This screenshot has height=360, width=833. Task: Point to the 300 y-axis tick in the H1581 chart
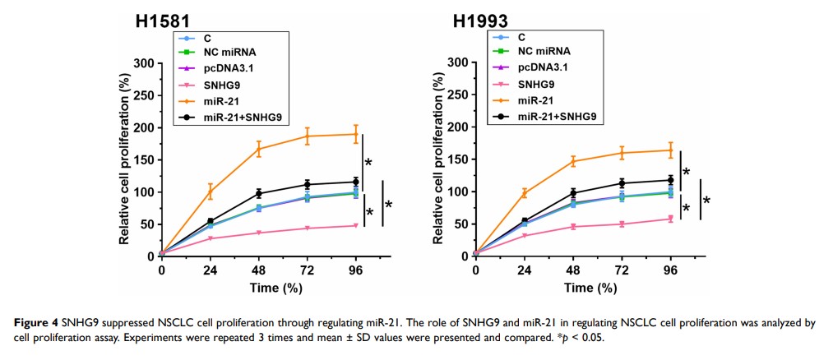click(x=144, y=63)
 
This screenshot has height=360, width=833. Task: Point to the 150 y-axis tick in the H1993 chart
click(x=458, y=159)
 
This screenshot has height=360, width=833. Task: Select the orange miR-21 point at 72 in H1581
click(x=308, y=136)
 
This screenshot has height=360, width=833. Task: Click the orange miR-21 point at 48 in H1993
click(x=573, y=161)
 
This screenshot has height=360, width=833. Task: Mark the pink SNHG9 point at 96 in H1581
click(x=355, y=225)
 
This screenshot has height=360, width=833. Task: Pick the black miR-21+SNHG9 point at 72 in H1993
click(x=622, y=183)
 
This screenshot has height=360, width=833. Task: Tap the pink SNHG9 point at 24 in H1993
click(x=524, y=236)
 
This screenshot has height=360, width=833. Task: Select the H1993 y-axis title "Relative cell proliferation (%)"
click(x=439, y=159)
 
